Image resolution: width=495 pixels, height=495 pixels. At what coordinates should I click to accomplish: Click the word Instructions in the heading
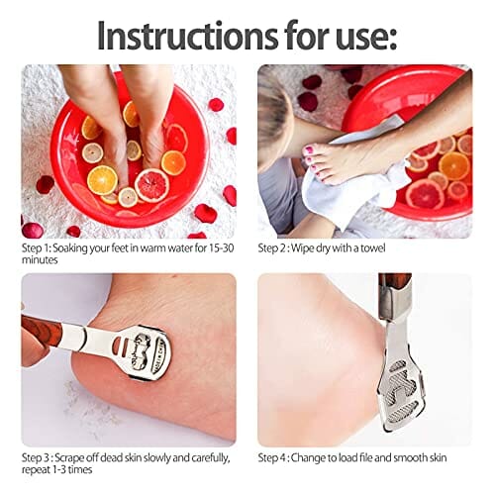pyautogui.click(x=187, y=36)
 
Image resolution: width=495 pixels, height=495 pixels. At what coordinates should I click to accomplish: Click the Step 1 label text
pyautogui.click(x=36, y=248)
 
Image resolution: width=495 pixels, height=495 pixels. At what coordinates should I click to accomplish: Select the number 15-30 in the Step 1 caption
pyautogui.click(x=221, y=247)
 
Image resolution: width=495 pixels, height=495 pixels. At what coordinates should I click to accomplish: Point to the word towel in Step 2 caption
pyautogui.click(x=372, y=247)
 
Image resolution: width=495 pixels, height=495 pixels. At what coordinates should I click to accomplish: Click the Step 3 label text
pyautogui.click(x=37, y=457)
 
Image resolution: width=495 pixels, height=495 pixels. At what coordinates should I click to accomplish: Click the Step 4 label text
pyautogui.click(x=273, y=457)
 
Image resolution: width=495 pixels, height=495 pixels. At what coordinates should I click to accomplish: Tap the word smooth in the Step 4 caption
pyautogui.click(x=410, y=457)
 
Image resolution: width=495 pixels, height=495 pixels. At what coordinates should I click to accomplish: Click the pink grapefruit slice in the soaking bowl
pyautogui.click(x=151, y=185)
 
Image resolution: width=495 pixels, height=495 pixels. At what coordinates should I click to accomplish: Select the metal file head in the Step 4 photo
pyautogui.click(x=400, y=393)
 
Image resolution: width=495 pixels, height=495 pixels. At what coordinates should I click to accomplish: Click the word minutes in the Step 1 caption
pyautogui.click(x=40, y=260)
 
